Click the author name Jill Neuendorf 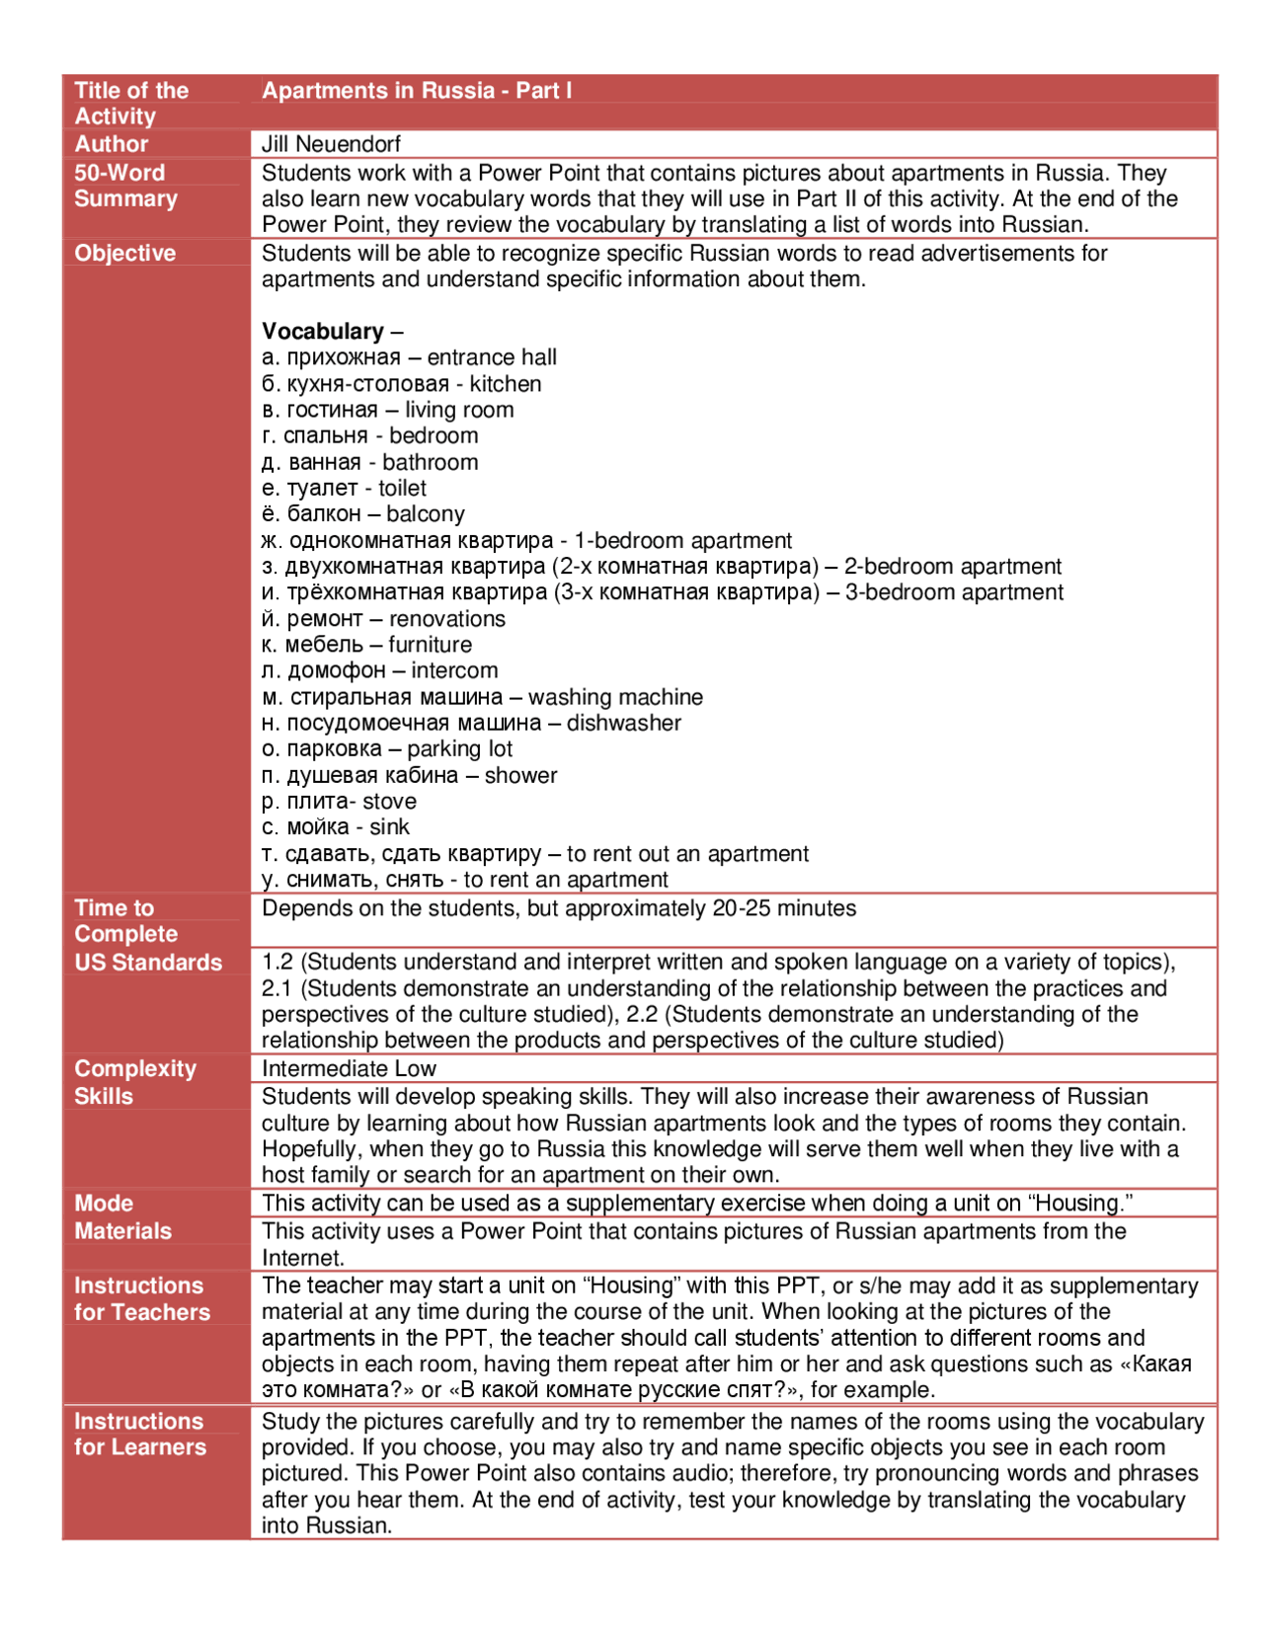[x=331, y=144]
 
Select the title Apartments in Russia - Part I [x=416, y=90]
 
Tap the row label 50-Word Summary [x=125, y=186]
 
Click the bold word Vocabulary [x=322, y=331]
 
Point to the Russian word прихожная [x=344, y=357]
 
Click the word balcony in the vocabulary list [x=426, y=513]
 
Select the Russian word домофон [x=336, y=670]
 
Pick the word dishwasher [x=624, y=723]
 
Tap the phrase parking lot [x=459, y=748]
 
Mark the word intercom [x=454, y=670]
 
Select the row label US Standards [x=148, y=963]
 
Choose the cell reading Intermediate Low [x=349, y=1068]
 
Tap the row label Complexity [x=135, y=1068]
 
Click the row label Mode [x=104, y=1204]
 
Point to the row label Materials [x=122, y=1231]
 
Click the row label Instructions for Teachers [x=141, y=1298]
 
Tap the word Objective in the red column [x=124, y=253]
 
